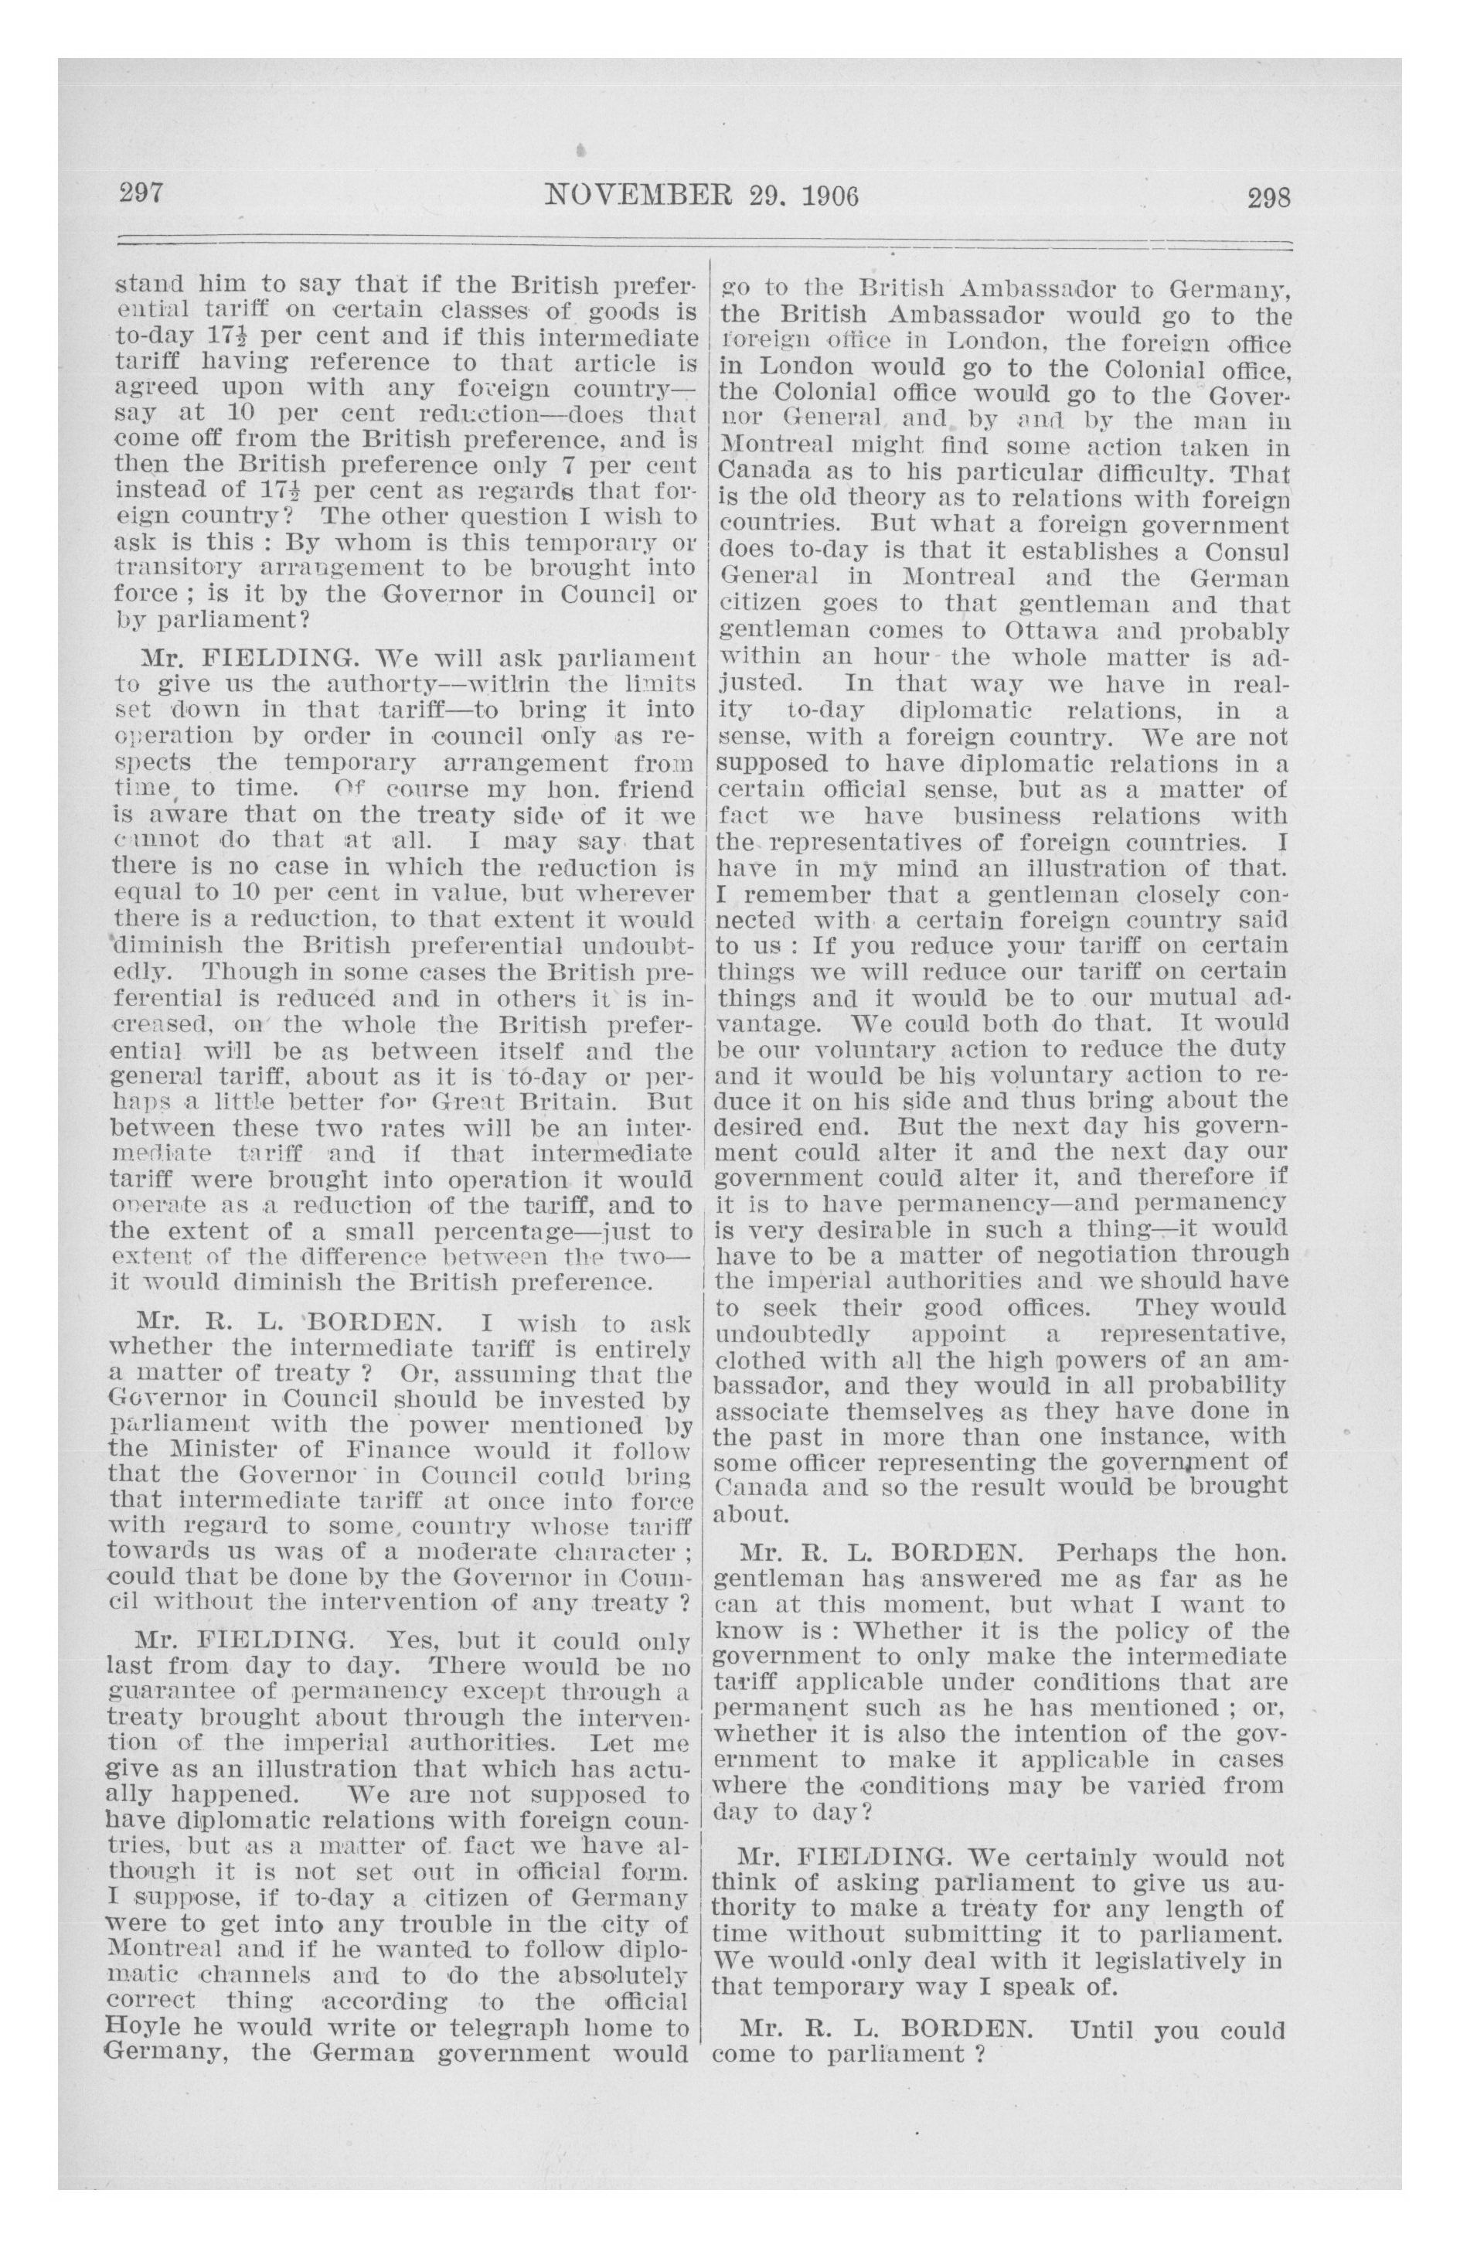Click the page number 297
(141, 196)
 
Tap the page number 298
(1267, 199)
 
